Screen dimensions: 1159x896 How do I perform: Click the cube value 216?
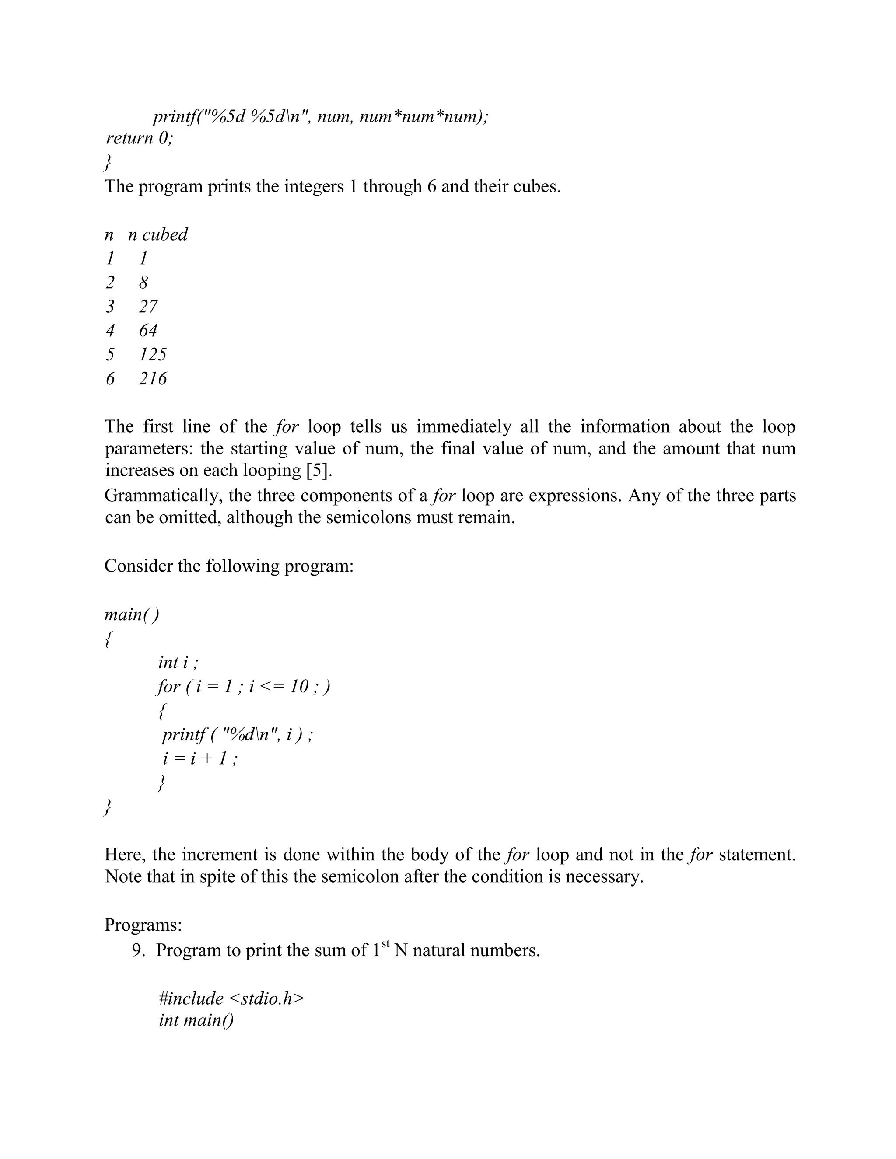click(153, 378)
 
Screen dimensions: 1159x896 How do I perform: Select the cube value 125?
click(153, 354)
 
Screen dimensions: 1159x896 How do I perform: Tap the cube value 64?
click(148, 330)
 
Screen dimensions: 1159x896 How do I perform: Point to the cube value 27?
click(148, 306)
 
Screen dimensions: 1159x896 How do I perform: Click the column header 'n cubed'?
click(157, 234)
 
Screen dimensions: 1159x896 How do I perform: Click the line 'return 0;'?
click(139, 138)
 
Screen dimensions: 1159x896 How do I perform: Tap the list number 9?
click(139, 950)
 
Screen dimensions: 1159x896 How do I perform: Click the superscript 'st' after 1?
click(385, 943)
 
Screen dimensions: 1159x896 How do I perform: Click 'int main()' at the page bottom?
click(196, 1020)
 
